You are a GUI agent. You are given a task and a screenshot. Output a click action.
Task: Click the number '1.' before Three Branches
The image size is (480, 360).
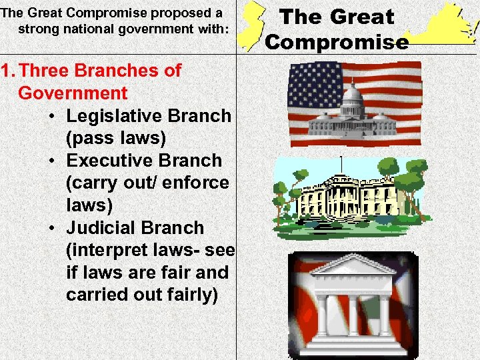click(9, 71)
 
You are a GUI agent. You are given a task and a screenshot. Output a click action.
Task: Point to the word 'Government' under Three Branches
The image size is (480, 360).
click(73, 93)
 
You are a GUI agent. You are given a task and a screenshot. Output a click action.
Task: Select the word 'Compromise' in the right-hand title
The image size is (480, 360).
click(337, 42)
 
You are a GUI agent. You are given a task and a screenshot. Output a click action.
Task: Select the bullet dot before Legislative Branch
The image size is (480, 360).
click(52, 116)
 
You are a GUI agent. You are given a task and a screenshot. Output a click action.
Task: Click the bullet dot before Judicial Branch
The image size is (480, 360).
click(52, 228)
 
